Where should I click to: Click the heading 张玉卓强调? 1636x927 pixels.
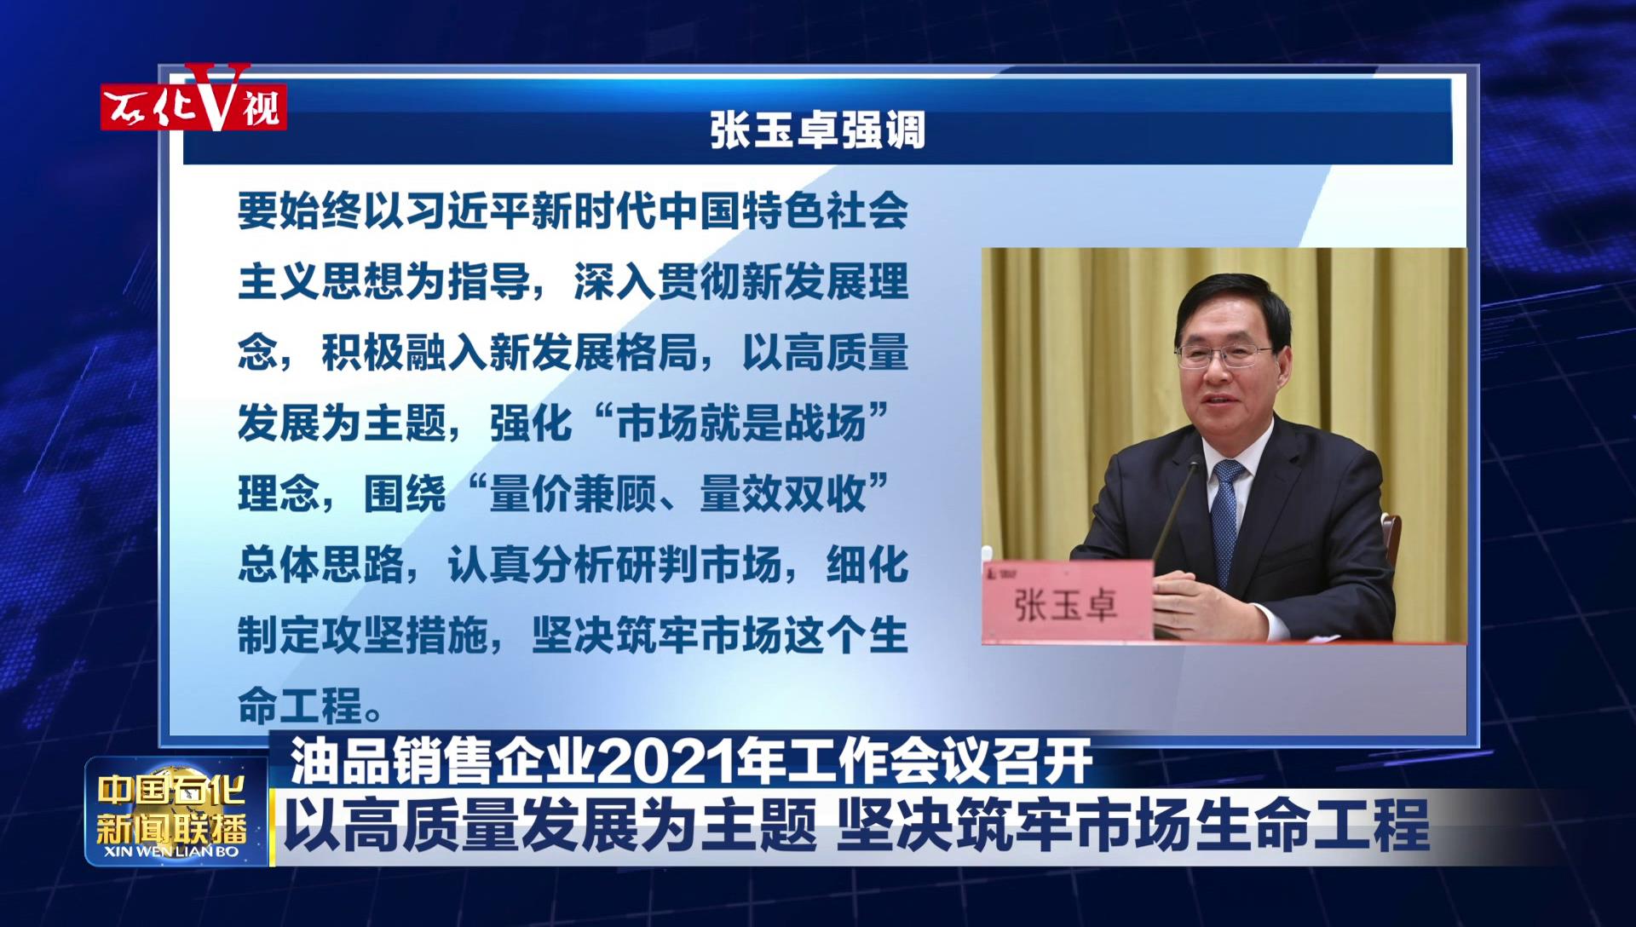tap(818, 130)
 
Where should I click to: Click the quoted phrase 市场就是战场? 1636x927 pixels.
tap(741, 423)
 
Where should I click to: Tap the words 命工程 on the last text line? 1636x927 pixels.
tap(301, 706)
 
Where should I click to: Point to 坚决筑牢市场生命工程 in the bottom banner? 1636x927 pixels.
tap(1133, 825)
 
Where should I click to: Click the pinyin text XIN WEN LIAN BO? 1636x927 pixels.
tap(171, 851)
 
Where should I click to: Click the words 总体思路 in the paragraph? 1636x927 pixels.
tap(321, 565)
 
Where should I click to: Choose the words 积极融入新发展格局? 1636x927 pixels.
tap(510, 352)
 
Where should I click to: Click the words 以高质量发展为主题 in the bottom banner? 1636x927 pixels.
tap(550, 825)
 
